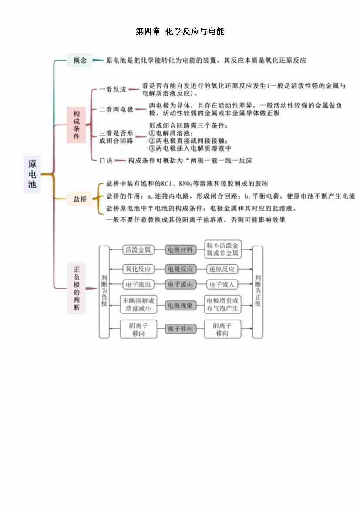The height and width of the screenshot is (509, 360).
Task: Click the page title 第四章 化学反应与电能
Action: pos(180,32)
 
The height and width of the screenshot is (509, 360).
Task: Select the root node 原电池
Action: pos(32,174)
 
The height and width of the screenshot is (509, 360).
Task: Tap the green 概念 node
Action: pos(80,61)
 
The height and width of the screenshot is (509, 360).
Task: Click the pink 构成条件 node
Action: pos(76,125)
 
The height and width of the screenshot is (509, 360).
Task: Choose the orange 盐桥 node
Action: pos(80,199)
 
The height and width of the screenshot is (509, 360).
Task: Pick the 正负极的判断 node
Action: pos(76,288)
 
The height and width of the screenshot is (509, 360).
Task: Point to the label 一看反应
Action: pos(113,89)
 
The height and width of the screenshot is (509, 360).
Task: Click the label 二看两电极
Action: pos(116,110)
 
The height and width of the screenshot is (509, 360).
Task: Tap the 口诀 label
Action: pos(106,161)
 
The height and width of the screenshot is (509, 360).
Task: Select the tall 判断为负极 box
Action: pos(104,292)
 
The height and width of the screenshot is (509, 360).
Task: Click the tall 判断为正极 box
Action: pos(258,292)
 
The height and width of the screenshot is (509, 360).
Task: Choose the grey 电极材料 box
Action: pos(180,250)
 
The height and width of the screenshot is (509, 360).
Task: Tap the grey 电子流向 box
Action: pos(180,285)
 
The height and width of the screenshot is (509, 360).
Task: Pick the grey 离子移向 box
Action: pos(180,329)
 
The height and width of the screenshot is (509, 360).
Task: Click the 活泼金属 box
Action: pos(138,250)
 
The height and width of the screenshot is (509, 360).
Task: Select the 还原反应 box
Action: pos(222,269)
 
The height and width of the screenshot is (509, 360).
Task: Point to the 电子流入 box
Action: pos(222,285)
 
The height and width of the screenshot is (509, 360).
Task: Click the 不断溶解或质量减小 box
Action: pos(138,305)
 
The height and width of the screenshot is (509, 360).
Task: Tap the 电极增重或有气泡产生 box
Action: pos(222,305)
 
